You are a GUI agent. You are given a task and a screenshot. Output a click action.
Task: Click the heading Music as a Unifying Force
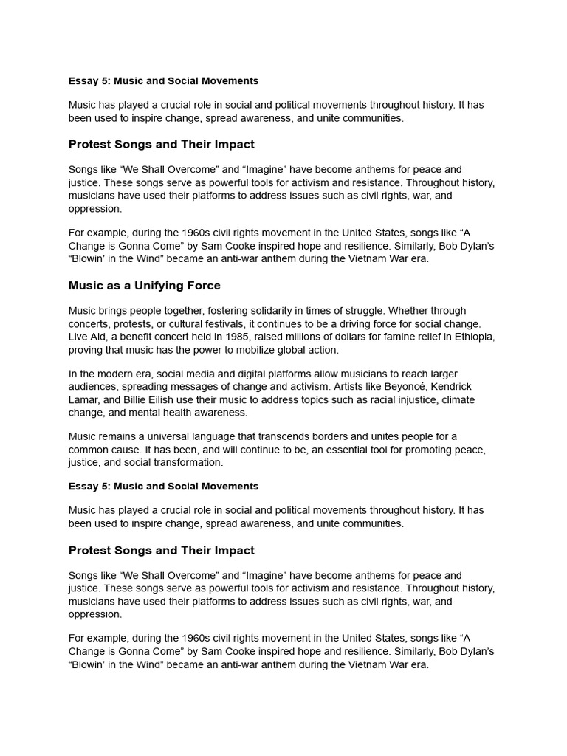[x=144, y=286]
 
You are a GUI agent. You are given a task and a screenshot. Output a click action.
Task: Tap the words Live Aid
[x=89, y=337]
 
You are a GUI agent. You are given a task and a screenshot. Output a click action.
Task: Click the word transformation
[x=188, y=463]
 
